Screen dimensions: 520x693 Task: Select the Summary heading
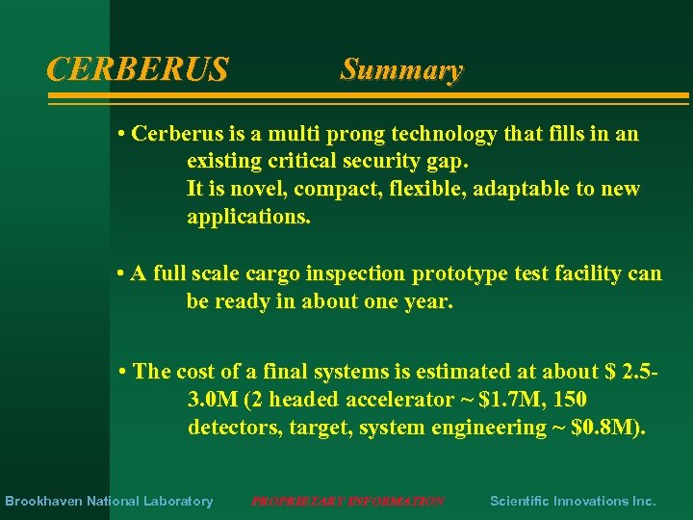401,70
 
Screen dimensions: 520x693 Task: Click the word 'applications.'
248,217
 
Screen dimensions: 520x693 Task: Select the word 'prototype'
457,274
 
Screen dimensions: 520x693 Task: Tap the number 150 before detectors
569,400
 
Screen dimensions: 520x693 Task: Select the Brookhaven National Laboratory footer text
109,501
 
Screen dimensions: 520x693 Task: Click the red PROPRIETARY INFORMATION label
347,501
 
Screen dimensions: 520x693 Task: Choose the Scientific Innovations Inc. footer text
573,501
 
